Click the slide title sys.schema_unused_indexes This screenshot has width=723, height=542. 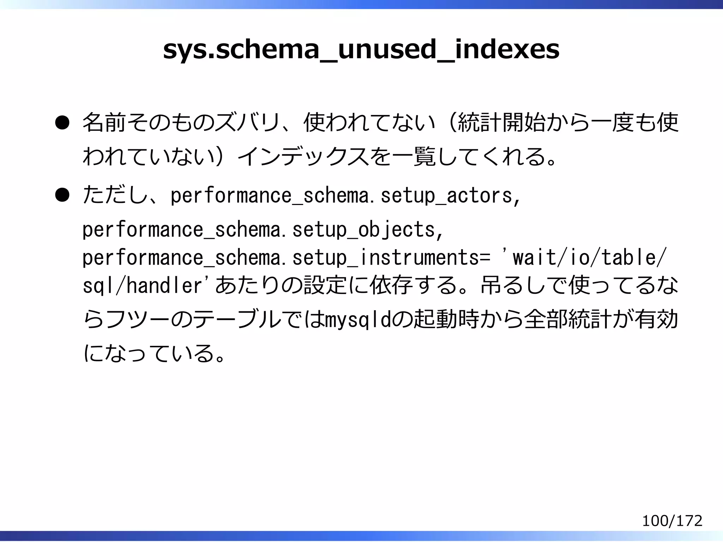(x=361, y=50)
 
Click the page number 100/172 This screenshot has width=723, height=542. (x=672, y=521)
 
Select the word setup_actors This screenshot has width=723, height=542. (x=446, y=196)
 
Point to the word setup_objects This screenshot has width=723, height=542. (x=364, y=230)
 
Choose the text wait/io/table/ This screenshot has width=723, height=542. (x=589, y=258)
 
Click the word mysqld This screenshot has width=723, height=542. (x=357, y=320)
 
